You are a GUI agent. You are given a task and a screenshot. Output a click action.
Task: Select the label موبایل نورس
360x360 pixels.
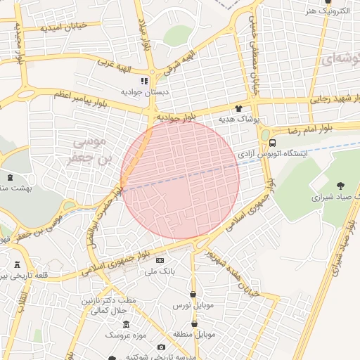pyautogui.click(x=191, y=307)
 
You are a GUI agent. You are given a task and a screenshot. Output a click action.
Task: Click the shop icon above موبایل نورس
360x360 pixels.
pyautogui.click(x=193, y=293)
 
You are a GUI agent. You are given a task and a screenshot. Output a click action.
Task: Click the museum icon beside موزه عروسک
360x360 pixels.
pyautogui.click(x=126, y=324)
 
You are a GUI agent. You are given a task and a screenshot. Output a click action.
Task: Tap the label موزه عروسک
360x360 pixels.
pyautogui.click(x=123, y=335)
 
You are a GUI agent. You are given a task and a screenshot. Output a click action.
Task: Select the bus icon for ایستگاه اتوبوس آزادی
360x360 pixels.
pyautogui.click(x=273, y=143)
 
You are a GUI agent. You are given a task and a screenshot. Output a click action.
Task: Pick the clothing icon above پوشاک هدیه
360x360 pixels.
pyautogui.click(x=239, y=109)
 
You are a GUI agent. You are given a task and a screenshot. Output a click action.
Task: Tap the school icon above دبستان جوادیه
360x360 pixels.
pyautogui.click(x=145, y=81)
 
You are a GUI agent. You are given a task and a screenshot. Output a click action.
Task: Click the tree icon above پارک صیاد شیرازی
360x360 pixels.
pyautogui.click(x=340, y=186)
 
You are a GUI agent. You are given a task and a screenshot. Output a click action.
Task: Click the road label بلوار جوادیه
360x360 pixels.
pyautogui.click(x=175, y=118)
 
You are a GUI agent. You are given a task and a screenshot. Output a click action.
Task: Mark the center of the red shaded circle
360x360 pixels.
pyautogui.click(x=180, y=180)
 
